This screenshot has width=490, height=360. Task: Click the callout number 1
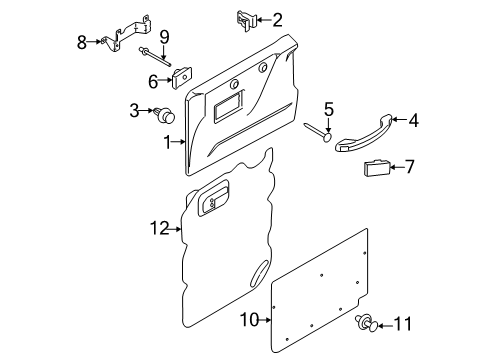coord(168,143)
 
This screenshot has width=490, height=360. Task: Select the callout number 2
coord(276,18)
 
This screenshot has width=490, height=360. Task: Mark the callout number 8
coord(82,41)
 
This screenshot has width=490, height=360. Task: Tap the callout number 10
coord(253,320)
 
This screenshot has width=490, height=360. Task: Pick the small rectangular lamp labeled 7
coord(377,168)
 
